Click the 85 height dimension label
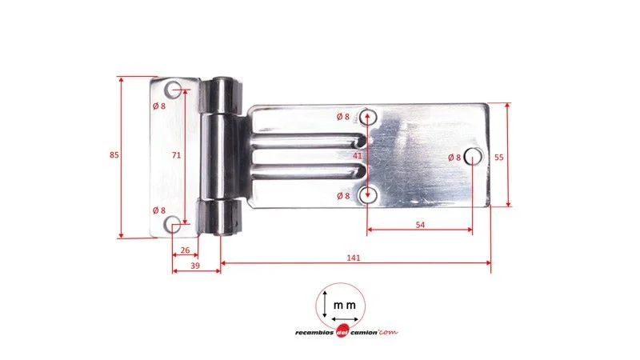pyautogui.click(x=114, y=155)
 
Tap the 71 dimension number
pyautogui.click(x=176, y=155)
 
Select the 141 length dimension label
pyautogui.click(x=354, y=258)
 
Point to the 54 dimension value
pyautogui.click(x=420, y=225)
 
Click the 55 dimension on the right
pyautogui.click(x=498, y=157)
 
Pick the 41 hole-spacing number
pyautogui.click(x=357, y=155)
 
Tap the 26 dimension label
pyautogui.click(x=185, y=250)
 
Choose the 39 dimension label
pyautogui.click(x=195, y=266)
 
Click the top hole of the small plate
pyautogui.click(x=173, y=90)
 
